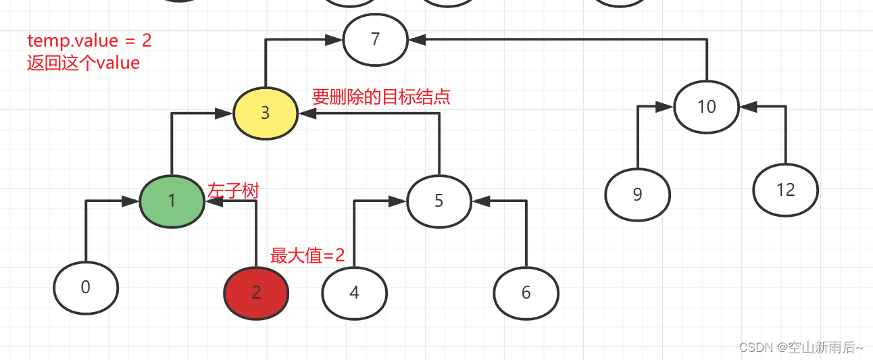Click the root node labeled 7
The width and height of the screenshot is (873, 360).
375,40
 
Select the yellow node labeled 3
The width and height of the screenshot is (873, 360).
266,113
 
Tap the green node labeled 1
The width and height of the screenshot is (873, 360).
172,201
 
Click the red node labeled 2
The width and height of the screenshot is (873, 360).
256,292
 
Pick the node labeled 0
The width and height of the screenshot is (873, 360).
86,288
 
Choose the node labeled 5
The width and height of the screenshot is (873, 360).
439,201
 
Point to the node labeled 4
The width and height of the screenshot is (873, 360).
354,293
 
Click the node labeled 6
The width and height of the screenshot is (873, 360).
526,293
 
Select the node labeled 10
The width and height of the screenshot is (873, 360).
706,107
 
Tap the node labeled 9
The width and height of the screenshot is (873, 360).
637,195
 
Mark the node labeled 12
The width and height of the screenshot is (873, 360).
785,190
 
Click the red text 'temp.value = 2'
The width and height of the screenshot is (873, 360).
89,41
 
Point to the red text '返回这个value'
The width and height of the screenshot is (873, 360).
83,63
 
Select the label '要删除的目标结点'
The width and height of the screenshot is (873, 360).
380,97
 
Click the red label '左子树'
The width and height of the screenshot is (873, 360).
233,190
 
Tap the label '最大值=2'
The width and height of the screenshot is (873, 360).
307,255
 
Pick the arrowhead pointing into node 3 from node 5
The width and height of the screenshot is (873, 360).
307,113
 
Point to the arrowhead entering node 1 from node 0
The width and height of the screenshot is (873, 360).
131,201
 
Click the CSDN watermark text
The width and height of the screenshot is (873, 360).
801,347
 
